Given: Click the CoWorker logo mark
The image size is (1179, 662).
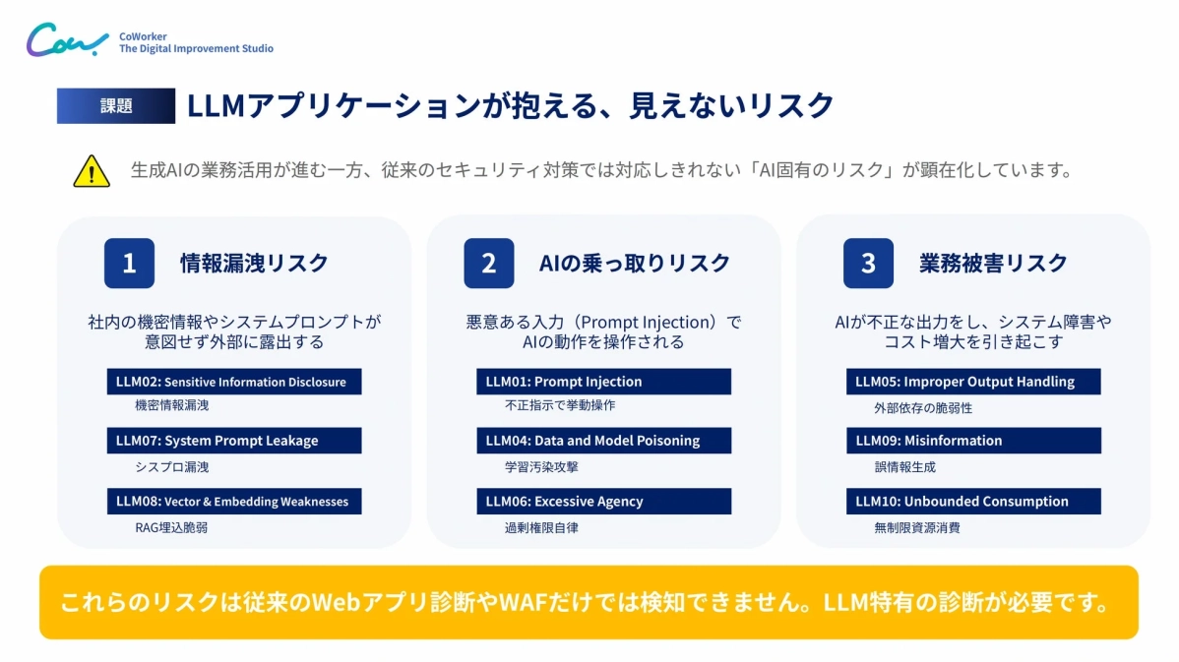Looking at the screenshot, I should click(x=67, y=41).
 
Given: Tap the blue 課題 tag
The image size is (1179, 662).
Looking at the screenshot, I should click(x=115, y=106).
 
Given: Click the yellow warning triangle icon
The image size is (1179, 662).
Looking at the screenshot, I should click(x=91, y=171).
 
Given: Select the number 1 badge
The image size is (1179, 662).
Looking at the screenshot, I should click(x=129, y=264).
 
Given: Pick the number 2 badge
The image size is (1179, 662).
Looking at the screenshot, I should click(x=489, y=264).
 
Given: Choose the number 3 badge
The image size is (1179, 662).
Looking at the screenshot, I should click(x=868, y=264).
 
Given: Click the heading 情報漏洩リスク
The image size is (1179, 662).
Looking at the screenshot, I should click(x=254, y=264).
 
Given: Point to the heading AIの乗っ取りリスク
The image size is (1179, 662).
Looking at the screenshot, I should click(x=635, y=264).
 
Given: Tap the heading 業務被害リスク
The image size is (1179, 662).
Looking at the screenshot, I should click(x=993, y=264).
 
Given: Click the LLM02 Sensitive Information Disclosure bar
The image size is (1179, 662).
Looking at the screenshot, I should click(x=233, y=382).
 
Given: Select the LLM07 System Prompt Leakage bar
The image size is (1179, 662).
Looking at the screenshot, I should click(x=233, y=441).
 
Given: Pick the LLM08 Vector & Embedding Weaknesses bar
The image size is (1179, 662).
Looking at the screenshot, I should click(x=233, y=502).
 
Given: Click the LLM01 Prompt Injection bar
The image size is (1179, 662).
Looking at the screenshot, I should click(x=603, y=382).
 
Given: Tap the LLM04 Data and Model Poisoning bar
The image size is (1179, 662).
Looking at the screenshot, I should click(x=603, y=441).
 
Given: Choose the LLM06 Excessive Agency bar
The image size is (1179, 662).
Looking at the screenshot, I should click(x=603, y=502).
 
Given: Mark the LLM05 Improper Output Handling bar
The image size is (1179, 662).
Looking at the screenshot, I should click(x=972, y=382).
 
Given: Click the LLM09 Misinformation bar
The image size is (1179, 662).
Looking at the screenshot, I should click(x=972, y=441).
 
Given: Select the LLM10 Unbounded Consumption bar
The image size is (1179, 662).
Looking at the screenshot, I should click(x=972, y=502).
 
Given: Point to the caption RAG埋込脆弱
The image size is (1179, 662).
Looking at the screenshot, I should click(x=171, y=527).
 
